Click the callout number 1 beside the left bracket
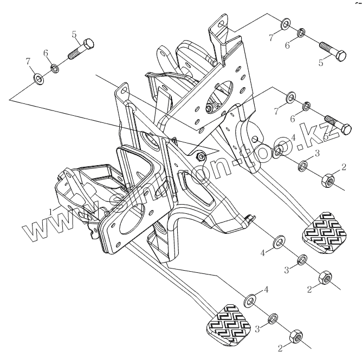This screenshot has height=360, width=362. [50, 210]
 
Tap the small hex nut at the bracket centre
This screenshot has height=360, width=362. [200, 156]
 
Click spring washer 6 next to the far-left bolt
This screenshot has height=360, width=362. [55, 68]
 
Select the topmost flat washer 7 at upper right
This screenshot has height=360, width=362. [285, 25]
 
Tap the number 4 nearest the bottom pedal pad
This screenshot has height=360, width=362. [266, 290]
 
